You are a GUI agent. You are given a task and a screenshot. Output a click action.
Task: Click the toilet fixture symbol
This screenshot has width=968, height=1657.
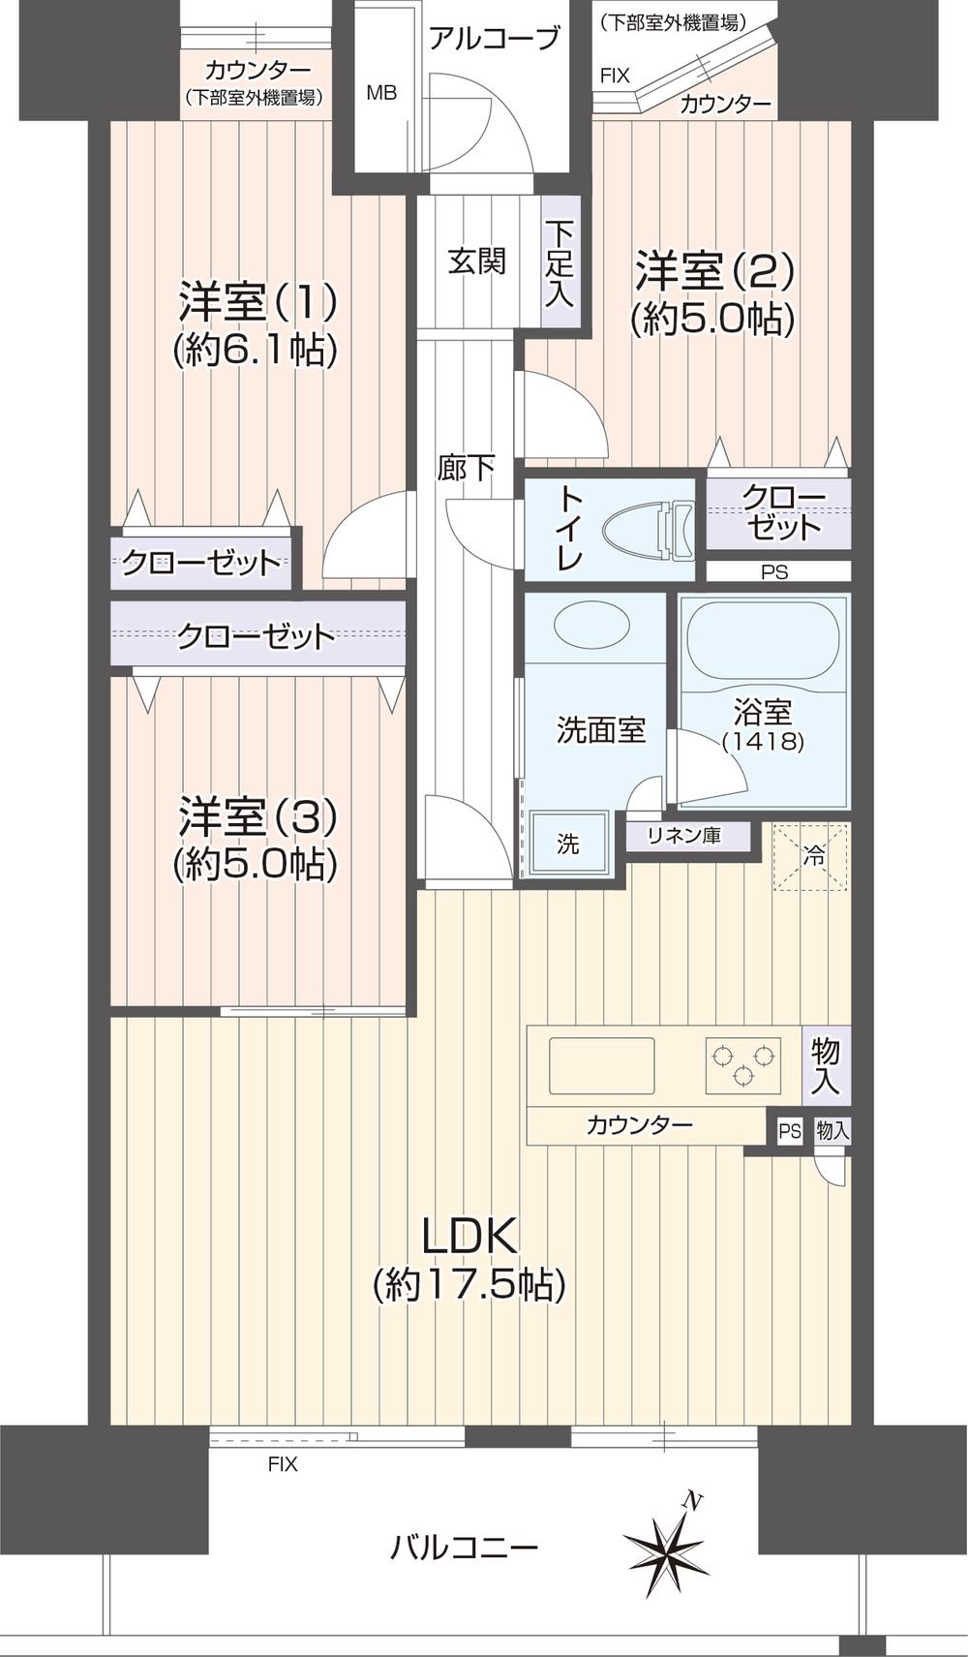coord(649,531)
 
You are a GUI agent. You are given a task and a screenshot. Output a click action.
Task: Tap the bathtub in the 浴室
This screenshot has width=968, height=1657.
coord(763,638)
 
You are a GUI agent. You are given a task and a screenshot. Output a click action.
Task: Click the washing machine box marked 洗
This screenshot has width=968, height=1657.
coord(568,844)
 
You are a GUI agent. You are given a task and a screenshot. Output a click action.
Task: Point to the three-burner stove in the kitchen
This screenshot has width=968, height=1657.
coord(742,1064)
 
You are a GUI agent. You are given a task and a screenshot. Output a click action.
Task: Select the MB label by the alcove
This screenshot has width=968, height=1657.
coord(380,93)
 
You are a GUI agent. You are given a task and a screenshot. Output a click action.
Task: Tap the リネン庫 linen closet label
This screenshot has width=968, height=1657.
coord(685,835)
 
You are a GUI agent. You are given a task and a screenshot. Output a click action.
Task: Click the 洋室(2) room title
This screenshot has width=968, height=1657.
coord(713,271)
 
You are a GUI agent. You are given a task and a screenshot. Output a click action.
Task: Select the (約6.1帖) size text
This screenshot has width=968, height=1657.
coord(256,350)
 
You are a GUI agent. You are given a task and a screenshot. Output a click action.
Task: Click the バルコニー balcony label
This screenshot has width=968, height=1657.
coord(464,1547)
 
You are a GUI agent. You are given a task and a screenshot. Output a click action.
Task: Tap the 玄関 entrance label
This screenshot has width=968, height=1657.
coord(476,261)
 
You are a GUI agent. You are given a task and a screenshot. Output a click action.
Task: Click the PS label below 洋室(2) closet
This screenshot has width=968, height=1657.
coord(774,572)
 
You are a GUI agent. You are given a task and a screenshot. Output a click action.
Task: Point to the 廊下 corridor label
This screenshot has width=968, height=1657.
coord(466,469)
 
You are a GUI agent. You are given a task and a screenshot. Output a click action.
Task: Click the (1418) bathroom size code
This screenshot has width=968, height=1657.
coord(763,742)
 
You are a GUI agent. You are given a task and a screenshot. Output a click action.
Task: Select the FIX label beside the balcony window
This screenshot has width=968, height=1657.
coord(283,1464)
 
